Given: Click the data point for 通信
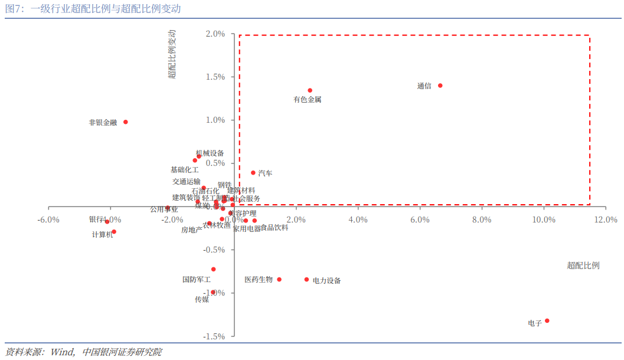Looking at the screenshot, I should pos(440,86).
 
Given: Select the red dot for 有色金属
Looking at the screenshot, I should pos(309,90).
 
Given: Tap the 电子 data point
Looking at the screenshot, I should pos(547,320).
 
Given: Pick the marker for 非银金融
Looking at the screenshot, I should pos(125,122).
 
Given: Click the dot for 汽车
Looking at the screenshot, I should pos(253,173).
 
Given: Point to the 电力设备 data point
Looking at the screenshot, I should pos(306,280).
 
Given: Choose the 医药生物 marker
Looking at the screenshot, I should pos(279,280).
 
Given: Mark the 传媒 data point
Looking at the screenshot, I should pos(213,292).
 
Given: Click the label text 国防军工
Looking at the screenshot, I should pos(197,280).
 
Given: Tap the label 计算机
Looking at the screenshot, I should pos(102,234).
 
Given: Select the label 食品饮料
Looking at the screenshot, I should pos(275,228).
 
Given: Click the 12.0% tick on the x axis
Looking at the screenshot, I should pos(605,220).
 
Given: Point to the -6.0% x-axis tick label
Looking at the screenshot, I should pos(48,220).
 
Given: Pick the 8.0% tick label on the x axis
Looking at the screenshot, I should pos(482,220).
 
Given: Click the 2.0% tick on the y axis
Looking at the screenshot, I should pos(215,34).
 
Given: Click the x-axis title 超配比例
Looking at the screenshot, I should pos(583,266).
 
